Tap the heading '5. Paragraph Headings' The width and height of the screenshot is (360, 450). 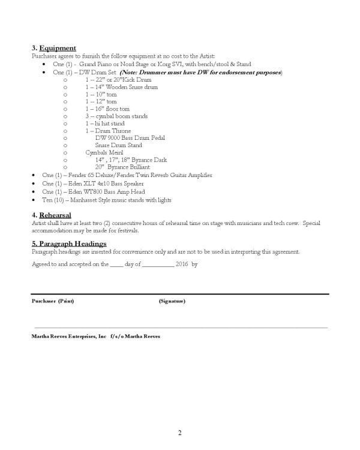(69, 244)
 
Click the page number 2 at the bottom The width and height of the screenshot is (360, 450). (179, 433)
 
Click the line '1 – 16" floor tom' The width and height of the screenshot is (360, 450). (107, 109)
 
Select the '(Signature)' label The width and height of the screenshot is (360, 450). (172, 301)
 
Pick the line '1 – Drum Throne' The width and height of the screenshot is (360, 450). (108, 131)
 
